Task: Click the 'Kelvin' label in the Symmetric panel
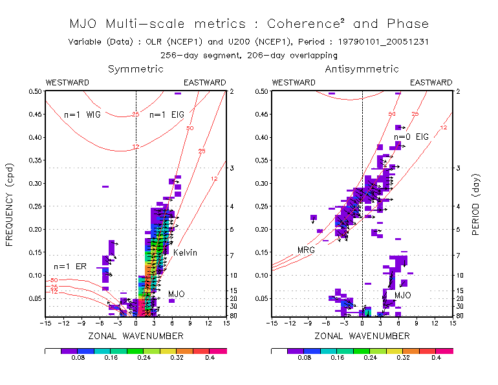[184, 252]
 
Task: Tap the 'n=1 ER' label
[70, 267]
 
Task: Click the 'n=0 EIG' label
[411, 137]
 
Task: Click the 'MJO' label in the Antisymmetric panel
[403, 296]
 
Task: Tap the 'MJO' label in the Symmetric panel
[177, 294]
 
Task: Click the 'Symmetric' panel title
[135, 69]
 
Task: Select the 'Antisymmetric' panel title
[362, 69]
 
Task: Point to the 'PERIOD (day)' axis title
[477, 203]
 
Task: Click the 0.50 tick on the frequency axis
[33, 91]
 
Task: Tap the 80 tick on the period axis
[232, 315]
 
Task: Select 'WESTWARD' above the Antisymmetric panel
[294, 83]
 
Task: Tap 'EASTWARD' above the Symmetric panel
[205, 83]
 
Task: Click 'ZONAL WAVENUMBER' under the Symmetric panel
[136, 336]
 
